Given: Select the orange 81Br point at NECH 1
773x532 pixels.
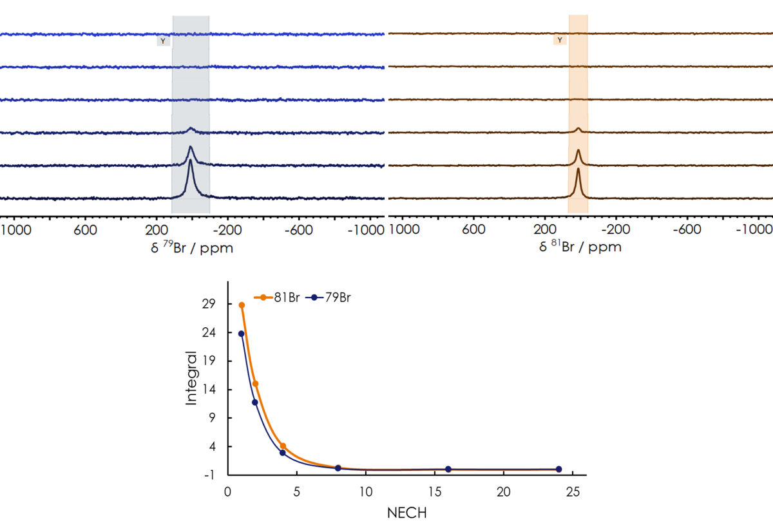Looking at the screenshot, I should point(242,305).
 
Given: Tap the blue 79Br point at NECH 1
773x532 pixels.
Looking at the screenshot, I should point(242,334).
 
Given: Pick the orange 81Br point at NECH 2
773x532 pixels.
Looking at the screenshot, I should point(255,384).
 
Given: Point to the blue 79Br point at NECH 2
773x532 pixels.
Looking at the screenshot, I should point(255,403).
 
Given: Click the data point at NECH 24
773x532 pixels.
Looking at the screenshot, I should point(558,470).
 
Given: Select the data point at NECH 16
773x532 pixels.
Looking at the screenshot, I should point(448,470).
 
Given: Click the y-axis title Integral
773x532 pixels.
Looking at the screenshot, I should point(192,378).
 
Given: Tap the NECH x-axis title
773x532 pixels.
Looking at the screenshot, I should point(406,513).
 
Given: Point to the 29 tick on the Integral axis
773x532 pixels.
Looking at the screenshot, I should point(213,304).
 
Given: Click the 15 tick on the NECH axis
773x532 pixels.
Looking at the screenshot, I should point(435,491).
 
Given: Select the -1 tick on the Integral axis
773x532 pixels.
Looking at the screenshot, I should point(213,475).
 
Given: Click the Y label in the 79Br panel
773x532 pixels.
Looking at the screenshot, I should point(163,41).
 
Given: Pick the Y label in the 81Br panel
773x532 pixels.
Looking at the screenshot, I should point(560,40).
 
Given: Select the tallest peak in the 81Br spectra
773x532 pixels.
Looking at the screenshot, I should point(578,169).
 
